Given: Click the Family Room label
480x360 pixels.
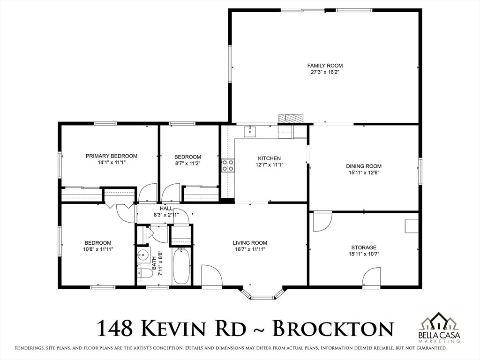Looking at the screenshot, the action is [x=325, y=66].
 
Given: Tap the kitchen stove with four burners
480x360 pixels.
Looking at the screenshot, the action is [x=228, y=165].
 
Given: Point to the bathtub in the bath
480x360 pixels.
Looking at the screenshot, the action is [x=181, y=266].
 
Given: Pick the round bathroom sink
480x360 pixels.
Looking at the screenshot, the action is [x=143, y=254].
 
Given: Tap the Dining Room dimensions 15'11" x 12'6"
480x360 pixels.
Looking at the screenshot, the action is [x=364, y=172].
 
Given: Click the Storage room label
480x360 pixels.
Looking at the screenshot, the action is [x=364, y=247].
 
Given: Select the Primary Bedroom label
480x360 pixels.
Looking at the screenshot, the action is [x=112, y=156].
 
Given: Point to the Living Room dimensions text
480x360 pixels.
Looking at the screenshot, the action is [x=250, y=249].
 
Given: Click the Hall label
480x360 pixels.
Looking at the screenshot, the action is [x=166, y=209].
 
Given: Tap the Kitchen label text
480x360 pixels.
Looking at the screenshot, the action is [x=270, y=158].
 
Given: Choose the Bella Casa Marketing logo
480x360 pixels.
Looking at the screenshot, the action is [x=439, y=327].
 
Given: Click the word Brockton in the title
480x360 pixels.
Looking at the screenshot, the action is [x=333, y=328].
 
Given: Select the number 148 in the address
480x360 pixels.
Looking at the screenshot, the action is [x=115, y=328].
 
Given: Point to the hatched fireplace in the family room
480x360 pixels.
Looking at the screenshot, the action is [x=291, y=119].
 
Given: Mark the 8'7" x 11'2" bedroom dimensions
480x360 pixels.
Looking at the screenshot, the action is [x=187, y=164].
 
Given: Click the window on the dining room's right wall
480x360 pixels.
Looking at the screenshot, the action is [x=420, y=171].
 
